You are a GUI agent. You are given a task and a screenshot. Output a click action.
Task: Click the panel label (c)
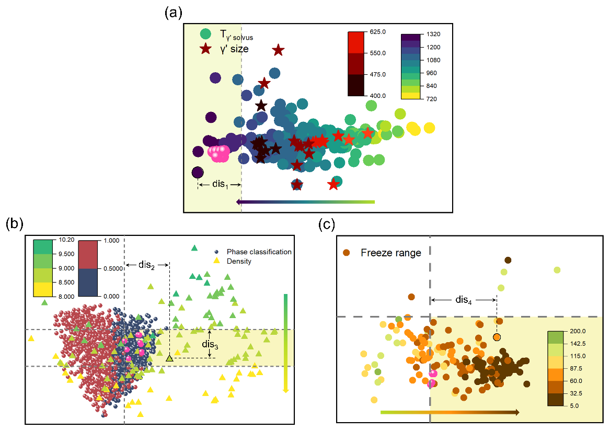pos(327,224)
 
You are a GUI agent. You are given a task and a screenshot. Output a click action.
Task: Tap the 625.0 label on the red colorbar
pos(378,32)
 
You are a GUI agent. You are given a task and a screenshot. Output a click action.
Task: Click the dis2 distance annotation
pos(146,265)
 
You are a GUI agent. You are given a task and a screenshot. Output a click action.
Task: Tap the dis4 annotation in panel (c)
pos(463,299)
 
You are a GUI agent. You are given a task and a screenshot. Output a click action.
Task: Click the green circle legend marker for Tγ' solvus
pos(206,34)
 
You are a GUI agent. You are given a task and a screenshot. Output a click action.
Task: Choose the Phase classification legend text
pos(259,252)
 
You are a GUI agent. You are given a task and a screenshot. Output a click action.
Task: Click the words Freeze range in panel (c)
pos(391,253)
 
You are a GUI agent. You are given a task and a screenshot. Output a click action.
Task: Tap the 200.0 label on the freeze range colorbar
pos(577,331)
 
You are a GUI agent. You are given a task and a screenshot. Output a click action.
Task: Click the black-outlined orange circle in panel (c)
pos(497,337)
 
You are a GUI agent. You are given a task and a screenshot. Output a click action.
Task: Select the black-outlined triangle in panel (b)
pos(169,358)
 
